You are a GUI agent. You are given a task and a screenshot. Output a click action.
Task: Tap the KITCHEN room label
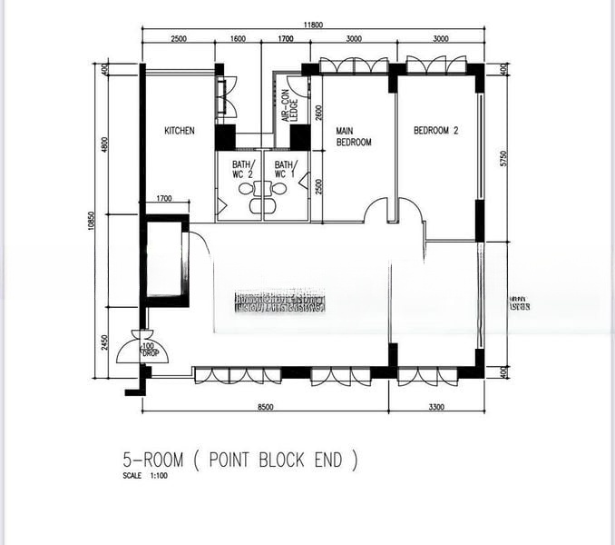179,131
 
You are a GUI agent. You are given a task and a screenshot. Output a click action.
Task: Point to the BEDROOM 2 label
435,131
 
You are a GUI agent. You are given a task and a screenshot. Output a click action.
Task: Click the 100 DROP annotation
148,350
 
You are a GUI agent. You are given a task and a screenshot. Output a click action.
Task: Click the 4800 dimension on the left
104,144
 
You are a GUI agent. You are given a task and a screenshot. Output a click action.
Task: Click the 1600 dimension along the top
238,39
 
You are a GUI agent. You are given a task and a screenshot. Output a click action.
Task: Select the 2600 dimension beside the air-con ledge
318,114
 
